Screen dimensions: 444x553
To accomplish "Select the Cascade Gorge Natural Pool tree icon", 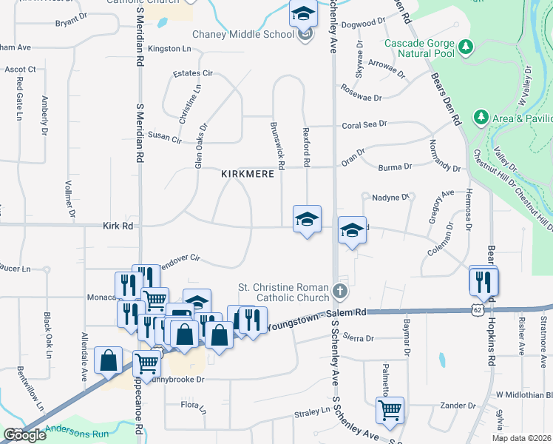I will pos(466,48).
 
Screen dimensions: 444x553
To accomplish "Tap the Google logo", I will pos(24,435).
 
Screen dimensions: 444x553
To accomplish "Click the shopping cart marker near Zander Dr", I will pos(390,410).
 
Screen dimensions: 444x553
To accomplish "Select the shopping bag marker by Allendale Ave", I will pos(109,361).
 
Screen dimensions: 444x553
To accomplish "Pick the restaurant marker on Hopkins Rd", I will pos(484,280).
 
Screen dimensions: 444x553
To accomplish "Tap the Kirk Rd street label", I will pos(118,225).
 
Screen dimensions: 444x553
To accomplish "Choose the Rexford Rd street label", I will pos(306,144).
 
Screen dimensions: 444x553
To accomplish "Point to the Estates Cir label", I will pos(192,74).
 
